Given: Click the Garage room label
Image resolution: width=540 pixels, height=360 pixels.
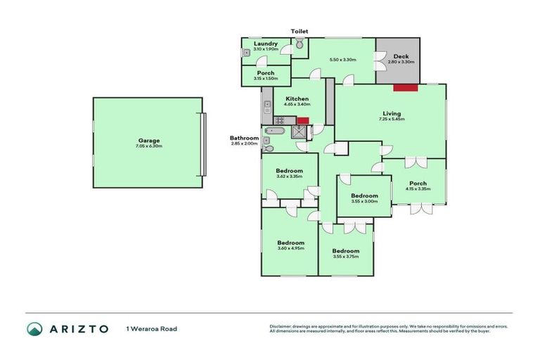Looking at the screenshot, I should pyautogui.click(x=148, y=140).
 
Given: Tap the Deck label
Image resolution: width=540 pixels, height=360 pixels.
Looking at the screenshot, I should pyautogui.click(x=401, y=56).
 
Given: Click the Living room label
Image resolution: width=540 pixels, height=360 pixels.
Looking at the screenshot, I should pyautogui.click(x=391, y=113).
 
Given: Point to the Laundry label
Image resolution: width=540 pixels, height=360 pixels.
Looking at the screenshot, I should pyautogui.click(x=266, y=44).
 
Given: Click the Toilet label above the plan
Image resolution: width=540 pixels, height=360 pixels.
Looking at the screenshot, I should pyautogui.click(x=300, y=32).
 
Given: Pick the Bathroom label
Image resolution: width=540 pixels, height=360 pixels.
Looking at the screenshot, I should pyautogui.click(x=244, y=138).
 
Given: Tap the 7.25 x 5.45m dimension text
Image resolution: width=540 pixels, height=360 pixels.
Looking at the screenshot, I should pyautogui.click(x=391, y=120).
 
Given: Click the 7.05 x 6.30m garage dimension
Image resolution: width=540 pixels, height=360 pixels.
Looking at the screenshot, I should pyautogui.click(x=148, y=146).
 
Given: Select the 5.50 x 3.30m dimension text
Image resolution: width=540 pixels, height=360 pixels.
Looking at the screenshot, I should pyautogui.click(x=342, y=60).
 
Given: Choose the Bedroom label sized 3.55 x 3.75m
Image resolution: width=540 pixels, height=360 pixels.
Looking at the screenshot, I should pyautogui.click(x=345, y=251).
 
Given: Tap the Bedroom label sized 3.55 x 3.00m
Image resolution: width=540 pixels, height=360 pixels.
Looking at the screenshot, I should pyautogui.click(x=364, y=195).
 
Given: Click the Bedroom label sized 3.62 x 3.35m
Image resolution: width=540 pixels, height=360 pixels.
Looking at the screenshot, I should pyautogui.click(x=289, y=171).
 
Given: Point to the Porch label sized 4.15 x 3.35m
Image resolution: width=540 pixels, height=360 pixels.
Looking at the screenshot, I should pyautogui.click(x=418, y=184).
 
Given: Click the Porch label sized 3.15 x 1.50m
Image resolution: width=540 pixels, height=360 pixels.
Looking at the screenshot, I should pyautogui.click(x=265, y=73).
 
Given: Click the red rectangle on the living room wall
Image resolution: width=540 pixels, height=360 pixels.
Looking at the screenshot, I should pyautogui.click(x=406, y=87).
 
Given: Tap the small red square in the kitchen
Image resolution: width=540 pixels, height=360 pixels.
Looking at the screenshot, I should pyautogui.click(x=303, y=121).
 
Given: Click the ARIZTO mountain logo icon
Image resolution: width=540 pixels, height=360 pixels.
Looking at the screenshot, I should pyautogui.click(x=34, y=328).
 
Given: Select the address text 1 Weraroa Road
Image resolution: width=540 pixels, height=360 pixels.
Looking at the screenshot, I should pyautogui.click(x=151, y=328).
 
